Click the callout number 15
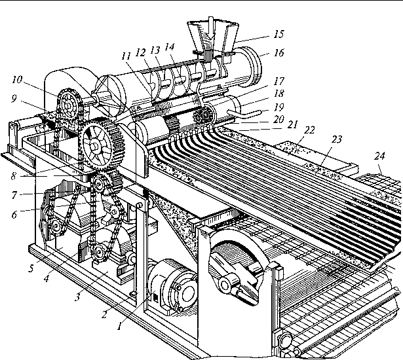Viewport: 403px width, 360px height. click(278, 34)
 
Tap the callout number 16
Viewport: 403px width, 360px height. click(279, 52)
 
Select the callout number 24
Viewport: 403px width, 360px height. click(380, 156)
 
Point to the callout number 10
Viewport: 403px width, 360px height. click(17, 79)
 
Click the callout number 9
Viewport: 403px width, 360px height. click(14, 99)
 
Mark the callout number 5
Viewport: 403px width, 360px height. click(31, 268)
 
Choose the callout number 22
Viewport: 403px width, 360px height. click(309, 130)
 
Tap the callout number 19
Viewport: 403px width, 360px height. click(279, 107)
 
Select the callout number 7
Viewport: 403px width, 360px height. click(14, 195)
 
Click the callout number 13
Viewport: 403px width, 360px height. click(155, 50)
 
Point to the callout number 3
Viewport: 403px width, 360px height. click(77, 297)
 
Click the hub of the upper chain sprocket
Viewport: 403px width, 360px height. click(68, 105)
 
